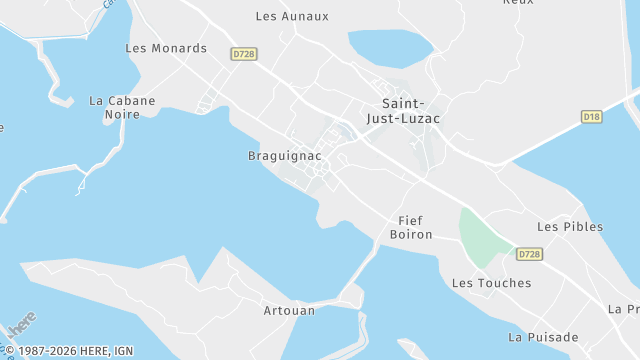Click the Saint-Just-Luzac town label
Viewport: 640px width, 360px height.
411,110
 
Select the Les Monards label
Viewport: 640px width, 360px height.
166,48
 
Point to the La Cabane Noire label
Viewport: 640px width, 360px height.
122,107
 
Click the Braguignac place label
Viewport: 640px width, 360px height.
284,156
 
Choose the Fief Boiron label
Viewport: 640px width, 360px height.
411,227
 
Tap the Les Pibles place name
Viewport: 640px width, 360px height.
570,227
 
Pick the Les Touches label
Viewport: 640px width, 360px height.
492,283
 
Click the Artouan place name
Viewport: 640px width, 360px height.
289,310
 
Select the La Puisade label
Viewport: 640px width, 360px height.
543,337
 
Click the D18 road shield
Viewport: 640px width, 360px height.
592,117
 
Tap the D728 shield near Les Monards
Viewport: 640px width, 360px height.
243,54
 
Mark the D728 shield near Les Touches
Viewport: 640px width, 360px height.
529,255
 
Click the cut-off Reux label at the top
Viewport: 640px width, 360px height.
518,3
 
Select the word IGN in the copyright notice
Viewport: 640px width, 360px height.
123,350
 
